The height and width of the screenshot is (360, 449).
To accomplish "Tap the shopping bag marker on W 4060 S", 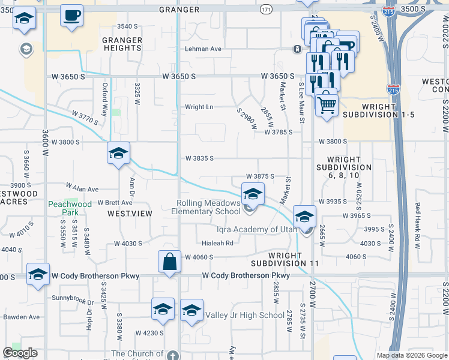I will point(169,262).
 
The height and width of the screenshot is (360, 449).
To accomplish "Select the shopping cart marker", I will point(326,105).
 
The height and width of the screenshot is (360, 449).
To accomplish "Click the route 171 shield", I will point(267,10).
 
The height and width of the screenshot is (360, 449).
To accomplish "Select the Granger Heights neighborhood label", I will point(122,44).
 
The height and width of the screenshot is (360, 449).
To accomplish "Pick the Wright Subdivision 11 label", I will point(285,259).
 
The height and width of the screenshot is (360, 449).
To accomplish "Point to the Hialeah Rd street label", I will point(217,243).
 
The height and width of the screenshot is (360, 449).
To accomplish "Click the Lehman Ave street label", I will point(203,49).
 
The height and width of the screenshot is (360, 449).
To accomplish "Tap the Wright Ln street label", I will point(199,107).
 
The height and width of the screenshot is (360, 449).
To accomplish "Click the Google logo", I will point(20,353).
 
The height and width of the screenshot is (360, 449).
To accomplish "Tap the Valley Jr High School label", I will point(245,315).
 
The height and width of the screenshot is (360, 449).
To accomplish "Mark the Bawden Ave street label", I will point(21,317).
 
